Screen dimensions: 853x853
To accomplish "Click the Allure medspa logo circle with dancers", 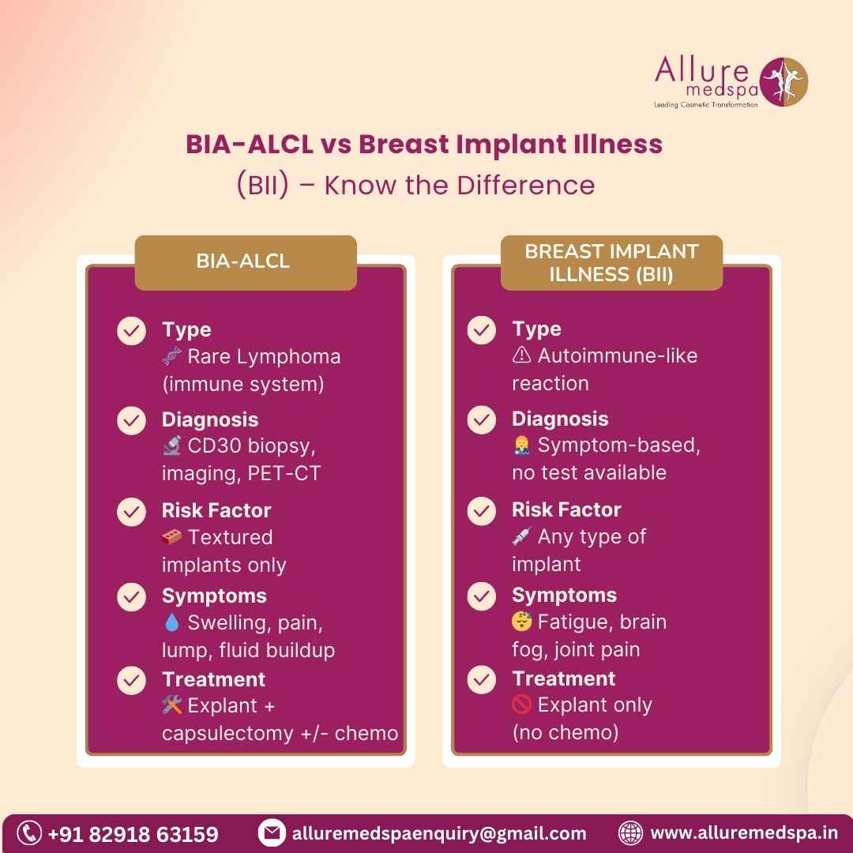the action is (783, 81).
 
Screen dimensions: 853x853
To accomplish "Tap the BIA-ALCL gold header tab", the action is (246, 262).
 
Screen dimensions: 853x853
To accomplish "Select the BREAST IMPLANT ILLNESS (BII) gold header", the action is (611, 262).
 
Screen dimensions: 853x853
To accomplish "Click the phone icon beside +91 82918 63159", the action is (29, 833).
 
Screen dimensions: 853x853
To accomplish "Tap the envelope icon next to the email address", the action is (272, 833).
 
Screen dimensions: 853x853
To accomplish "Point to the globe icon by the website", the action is (630, 833).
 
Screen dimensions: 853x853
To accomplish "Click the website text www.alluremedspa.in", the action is (744, 833).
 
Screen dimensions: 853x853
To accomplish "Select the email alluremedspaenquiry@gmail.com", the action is (439, 833).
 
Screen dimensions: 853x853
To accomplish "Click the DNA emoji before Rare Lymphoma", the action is (172, 356).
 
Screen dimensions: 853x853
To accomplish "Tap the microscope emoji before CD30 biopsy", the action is (172, 445).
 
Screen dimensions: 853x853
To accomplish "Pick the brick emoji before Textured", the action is (172, 537).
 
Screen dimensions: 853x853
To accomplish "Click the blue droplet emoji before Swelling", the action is (172, 622).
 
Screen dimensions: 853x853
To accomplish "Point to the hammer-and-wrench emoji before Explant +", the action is (172, 705).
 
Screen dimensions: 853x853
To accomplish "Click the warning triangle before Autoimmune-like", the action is (521, 355).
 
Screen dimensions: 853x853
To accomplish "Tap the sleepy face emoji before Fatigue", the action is (521, 622).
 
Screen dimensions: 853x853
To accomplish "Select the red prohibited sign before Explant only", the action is (521, 705).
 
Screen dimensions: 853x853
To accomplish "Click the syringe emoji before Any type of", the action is (521, 536).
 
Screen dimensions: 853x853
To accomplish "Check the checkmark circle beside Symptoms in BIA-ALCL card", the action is (132, 597).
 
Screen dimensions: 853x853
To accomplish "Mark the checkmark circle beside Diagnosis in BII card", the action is (482, 419).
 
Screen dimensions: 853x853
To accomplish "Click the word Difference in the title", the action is (525, 186).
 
